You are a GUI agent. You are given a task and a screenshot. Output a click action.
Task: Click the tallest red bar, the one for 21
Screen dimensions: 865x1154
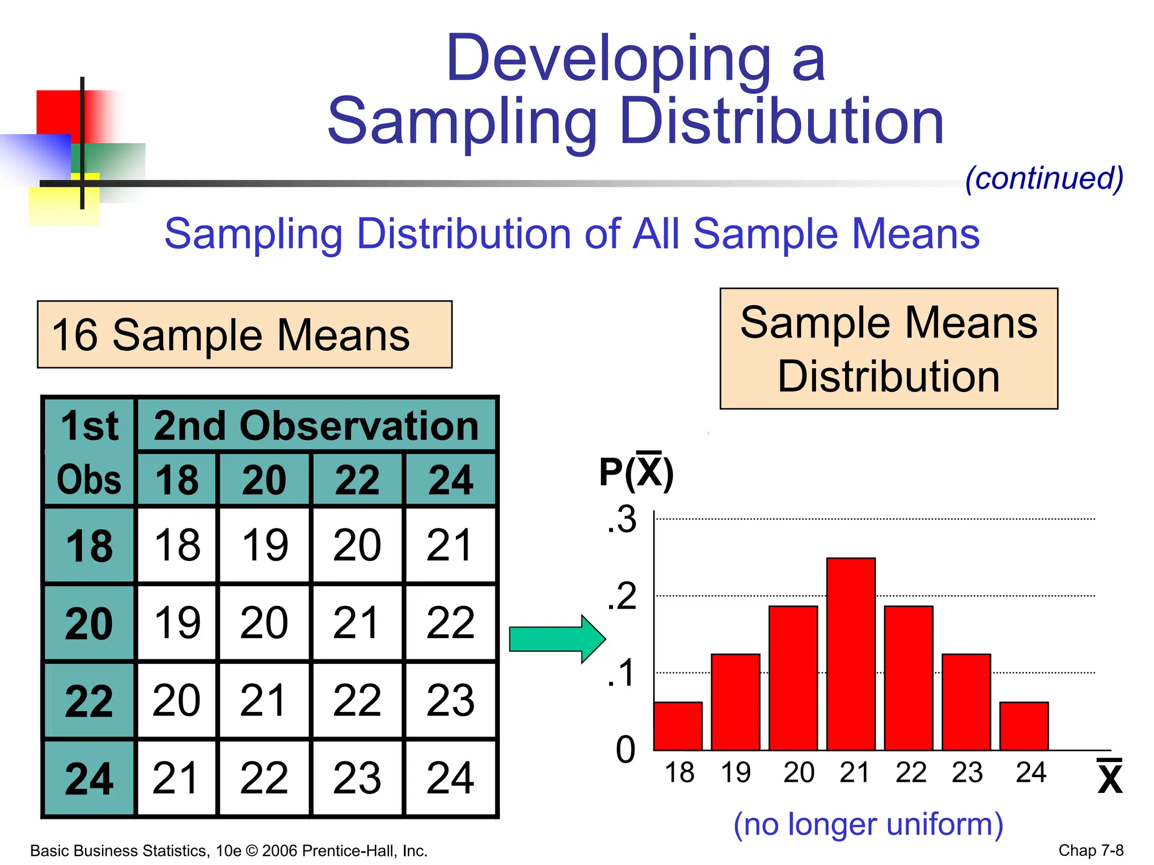pos(851,653)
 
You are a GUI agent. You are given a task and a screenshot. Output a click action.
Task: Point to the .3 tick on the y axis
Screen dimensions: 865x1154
pos(622,519)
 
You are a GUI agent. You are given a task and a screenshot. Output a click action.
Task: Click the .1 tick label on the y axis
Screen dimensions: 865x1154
pos(622,673)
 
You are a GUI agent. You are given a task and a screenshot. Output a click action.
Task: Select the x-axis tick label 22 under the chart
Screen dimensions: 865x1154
pos(911,772)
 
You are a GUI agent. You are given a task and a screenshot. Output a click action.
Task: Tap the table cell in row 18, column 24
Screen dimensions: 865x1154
pos(450,545)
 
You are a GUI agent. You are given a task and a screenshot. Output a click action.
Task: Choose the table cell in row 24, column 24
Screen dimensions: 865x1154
pos(450,778)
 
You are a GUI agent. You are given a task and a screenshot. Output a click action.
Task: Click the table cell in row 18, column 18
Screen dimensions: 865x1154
pos(177,545)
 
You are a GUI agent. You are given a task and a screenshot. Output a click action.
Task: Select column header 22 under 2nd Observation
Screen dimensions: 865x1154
pos(357,480)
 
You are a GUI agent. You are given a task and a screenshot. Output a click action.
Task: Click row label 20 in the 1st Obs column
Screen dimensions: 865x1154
pos(89,623)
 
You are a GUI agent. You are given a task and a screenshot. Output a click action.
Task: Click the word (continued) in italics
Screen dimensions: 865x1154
pos(1044,179)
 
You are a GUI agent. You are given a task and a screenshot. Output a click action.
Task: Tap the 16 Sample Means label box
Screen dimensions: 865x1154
pos(245,335)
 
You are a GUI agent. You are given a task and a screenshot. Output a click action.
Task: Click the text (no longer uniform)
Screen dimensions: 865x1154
pos(868,824)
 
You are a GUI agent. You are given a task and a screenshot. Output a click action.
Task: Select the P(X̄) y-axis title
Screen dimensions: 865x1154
pos(636,472)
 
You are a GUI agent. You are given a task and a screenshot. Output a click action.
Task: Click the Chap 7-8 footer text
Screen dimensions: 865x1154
pos(1090,850)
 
